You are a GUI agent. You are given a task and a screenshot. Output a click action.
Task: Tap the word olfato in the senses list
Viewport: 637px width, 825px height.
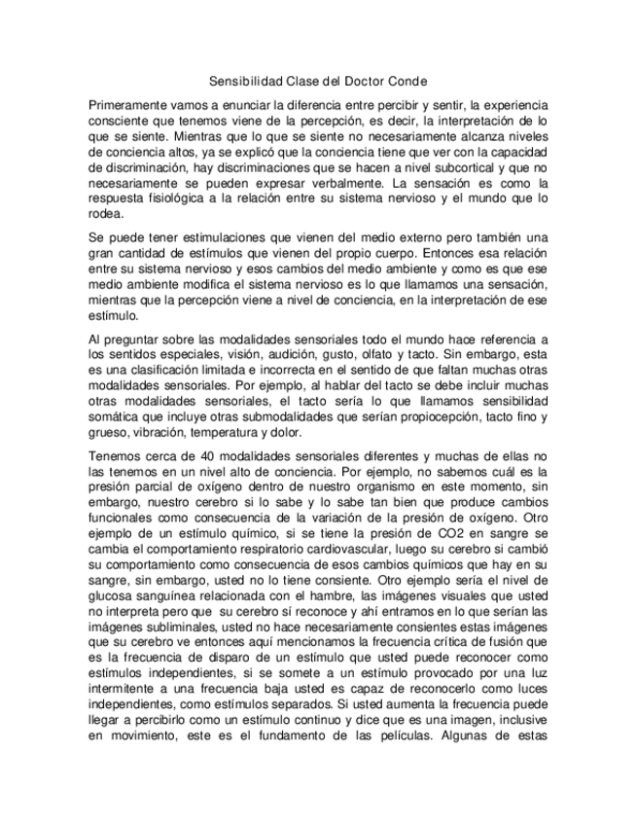pos(407,355)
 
